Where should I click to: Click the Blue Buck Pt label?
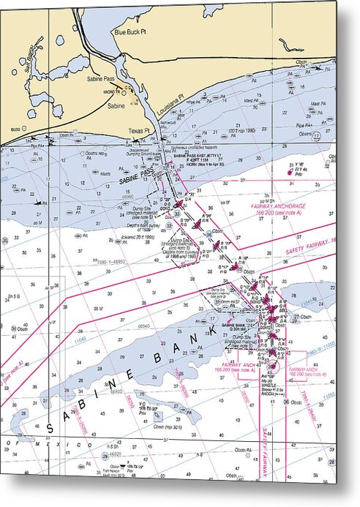tap(131, 32)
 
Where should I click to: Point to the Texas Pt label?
tap(138, 131)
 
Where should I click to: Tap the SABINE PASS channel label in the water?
tap(138, 175)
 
